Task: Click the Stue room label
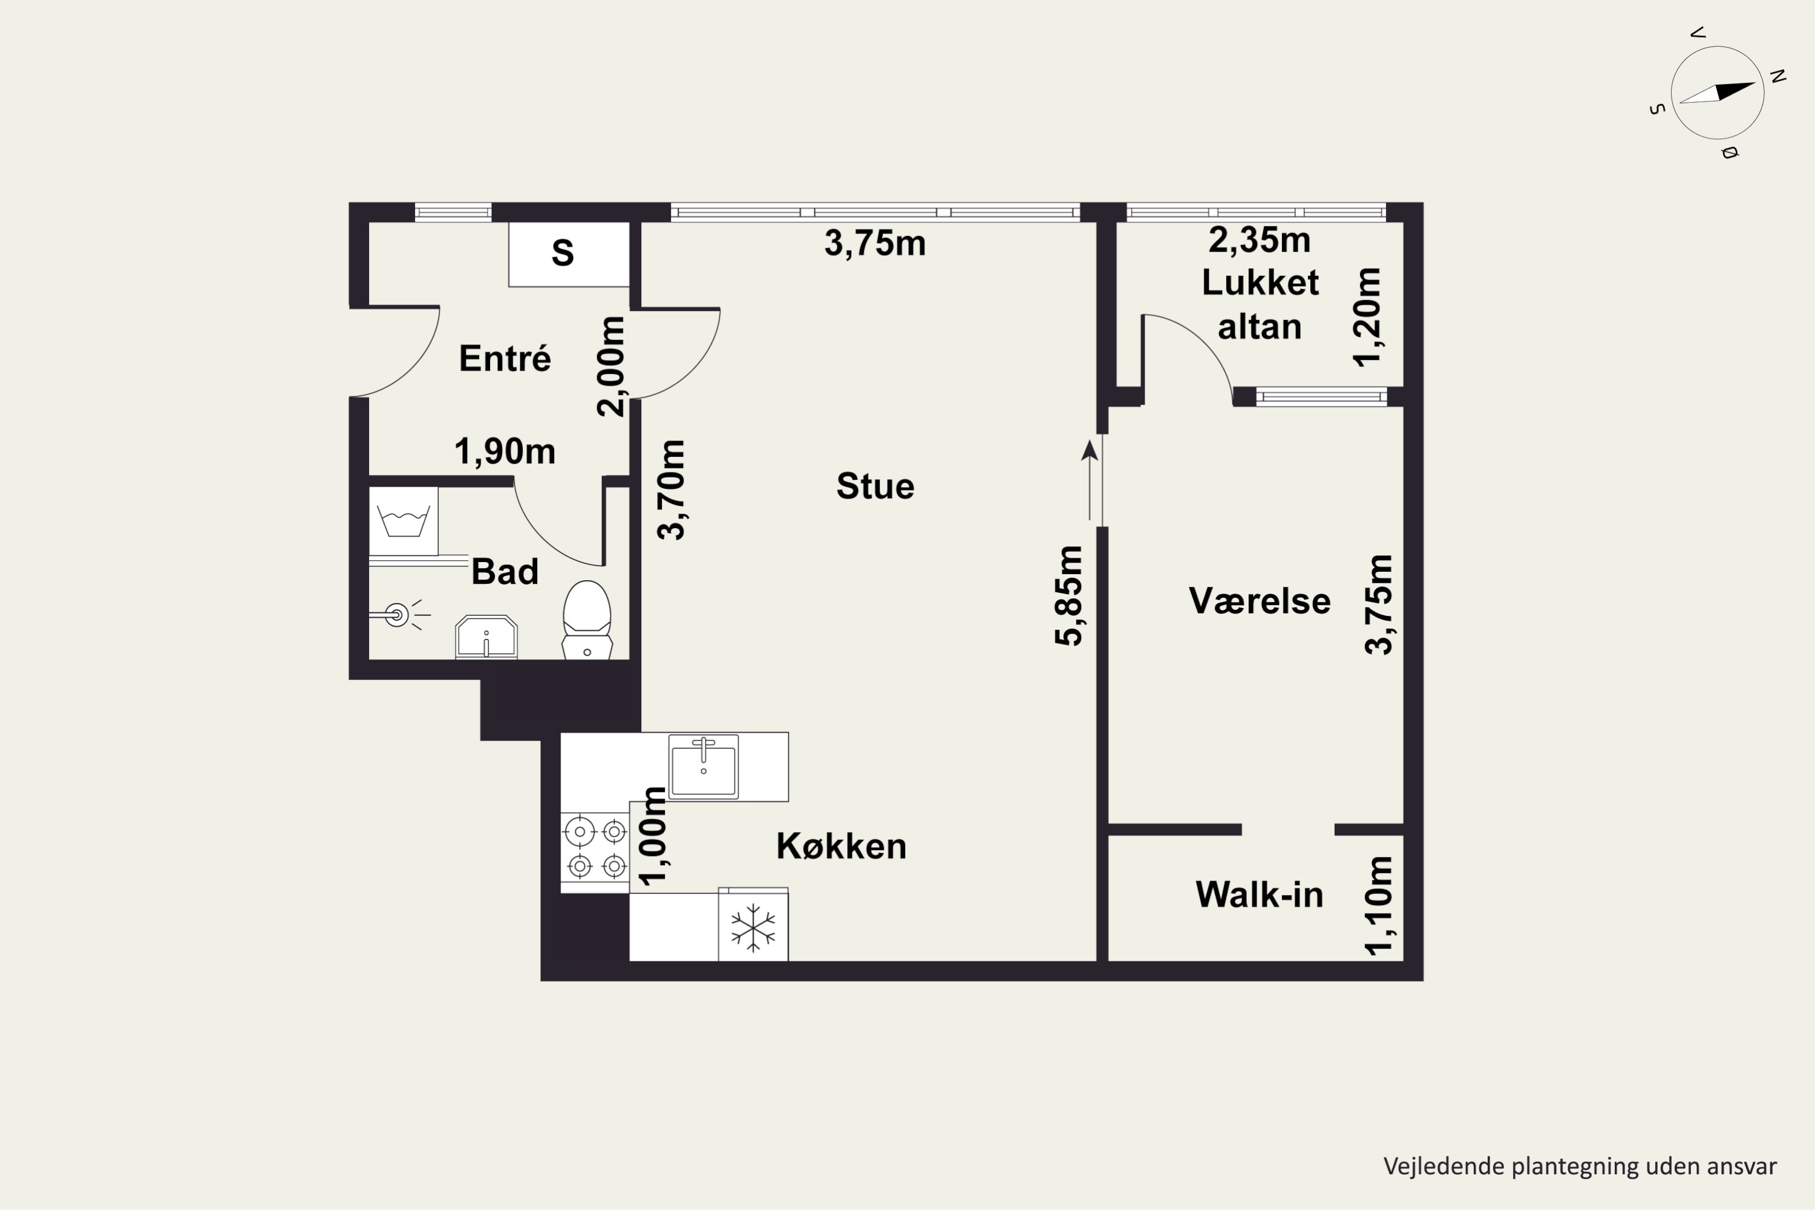[x=875, y=486]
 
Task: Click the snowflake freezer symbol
[x=753, y=927]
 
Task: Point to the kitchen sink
[x=703, y=767]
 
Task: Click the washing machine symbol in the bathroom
[x=404, y=520]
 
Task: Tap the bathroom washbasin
[x=486, y=638]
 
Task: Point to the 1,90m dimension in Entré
[x=505, y=451]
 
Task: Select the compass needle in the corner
[x=1718, y=93]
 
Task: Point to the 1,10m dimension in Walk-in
[x=1379, y=906]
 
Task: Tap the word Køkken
[x=841, y=846]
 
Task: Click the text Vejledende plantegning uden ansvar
[x=1580, y=1166]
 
